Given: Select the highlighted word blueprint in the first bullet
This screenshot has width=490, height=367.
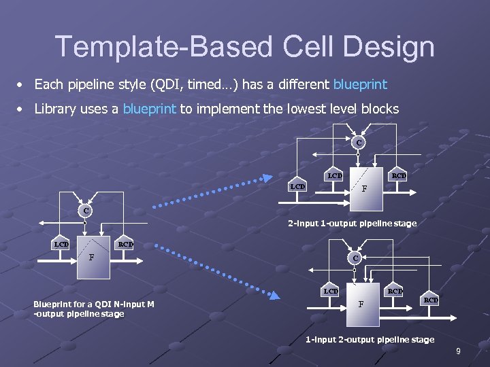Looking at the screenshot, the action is point(360,84).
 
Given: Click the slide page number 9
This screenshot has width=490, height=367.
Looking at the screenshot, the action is point(458,351).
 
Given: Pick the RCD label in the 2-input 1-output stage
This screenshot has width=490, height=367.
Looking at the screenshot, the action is point(399,175).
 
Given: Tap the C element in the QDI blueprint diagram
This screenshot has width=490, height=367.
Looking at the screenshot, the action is point(86,211).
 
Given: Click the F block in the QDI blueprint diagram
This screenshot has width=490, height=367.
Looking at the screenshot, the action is point(92,258).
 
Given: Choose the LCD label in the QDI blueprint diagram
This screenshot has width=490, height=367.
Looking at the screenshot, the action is point(62,244).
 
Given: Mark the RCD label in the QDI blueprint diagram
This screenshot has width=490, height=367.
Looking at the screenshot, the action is point(125,244).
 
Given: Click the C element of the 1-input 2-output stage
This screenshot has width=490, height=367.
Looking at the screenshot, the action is point(355,258).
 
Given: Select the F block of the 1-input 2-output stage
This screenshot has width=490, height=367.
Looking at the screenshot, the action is point(361,303).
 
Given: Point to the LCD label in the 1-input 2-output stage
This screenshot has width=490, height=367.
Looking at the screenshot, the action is point(331,291).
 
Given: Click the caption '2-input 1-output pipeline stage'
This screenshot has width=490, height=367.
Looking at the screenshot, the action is point(352,223).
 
